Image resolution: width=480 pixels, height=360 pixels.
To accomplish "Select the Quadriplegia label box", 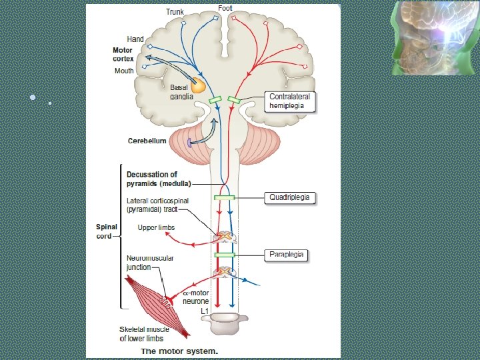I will point(289,198).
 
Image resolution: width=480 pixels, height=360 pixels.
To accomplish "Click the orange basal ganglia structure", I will point(197,85).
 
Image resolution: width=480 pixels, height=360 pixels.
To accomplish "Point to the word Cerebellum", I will point(147,141).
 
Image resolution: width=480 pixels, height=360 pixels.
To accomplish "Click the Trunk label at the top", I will point(175,12).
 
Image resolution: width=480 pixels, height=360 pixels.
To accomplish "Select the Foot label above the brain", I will point(225,8).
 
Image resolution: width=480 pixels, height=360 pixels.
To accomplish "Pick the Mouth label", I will point(124,71).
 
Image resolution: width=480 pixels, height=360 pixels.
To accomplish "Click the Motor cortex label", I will point(123,54).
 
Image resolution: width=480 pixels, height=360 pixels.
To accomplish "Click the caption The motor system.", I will point(180,351).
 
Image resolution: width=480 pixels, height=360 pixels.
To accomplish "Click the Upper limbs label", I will point(156,228).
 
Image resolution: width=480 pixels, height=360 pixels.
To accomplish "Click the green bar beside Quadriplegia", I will point(224,198).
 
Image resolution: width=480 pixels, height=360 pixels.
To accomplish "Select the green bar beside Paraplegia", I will point(224,255).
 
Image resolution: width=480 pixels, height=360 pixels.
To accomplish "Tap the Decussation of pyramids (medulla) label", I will point(159,179).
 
